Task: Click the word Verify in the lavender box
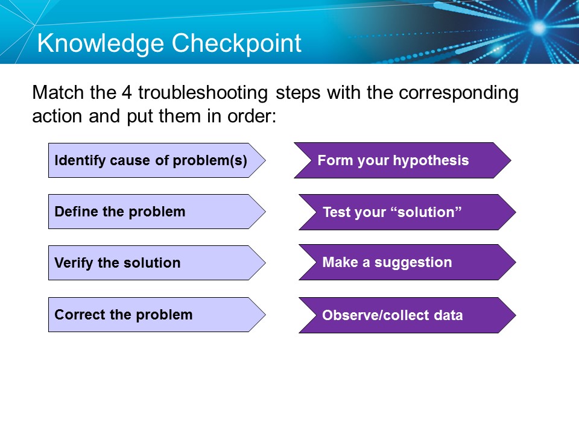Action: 72,263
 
